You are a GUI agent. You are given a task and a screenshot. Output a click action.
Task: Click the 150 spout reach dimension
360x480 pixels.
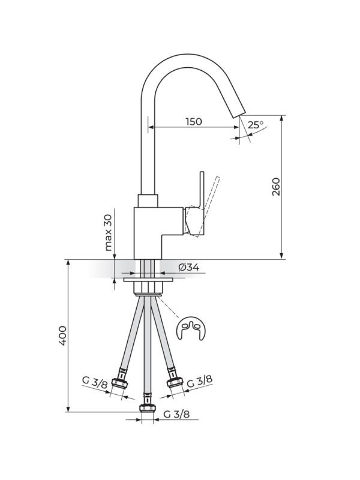[193, 122]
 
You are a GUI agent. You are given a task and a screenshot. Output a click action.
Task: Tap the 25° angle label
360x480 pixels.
[256, 125]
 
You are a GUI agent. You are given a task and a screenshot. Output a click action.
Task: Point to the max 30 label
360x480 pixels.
[109, 232]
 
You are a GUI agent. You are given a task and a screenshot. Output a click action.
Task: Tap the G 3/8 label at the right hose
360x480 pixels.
[199, 381]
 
